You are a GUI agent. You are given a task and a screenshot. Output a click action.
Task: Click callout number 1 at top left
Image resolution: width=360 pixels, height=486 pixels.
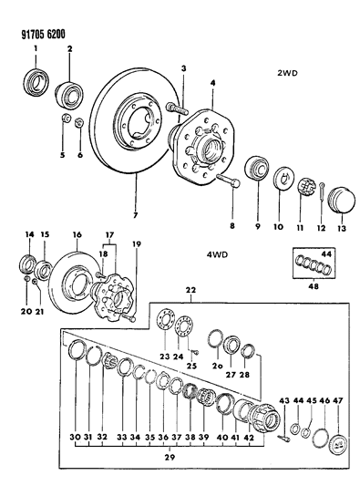point(35,48)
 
